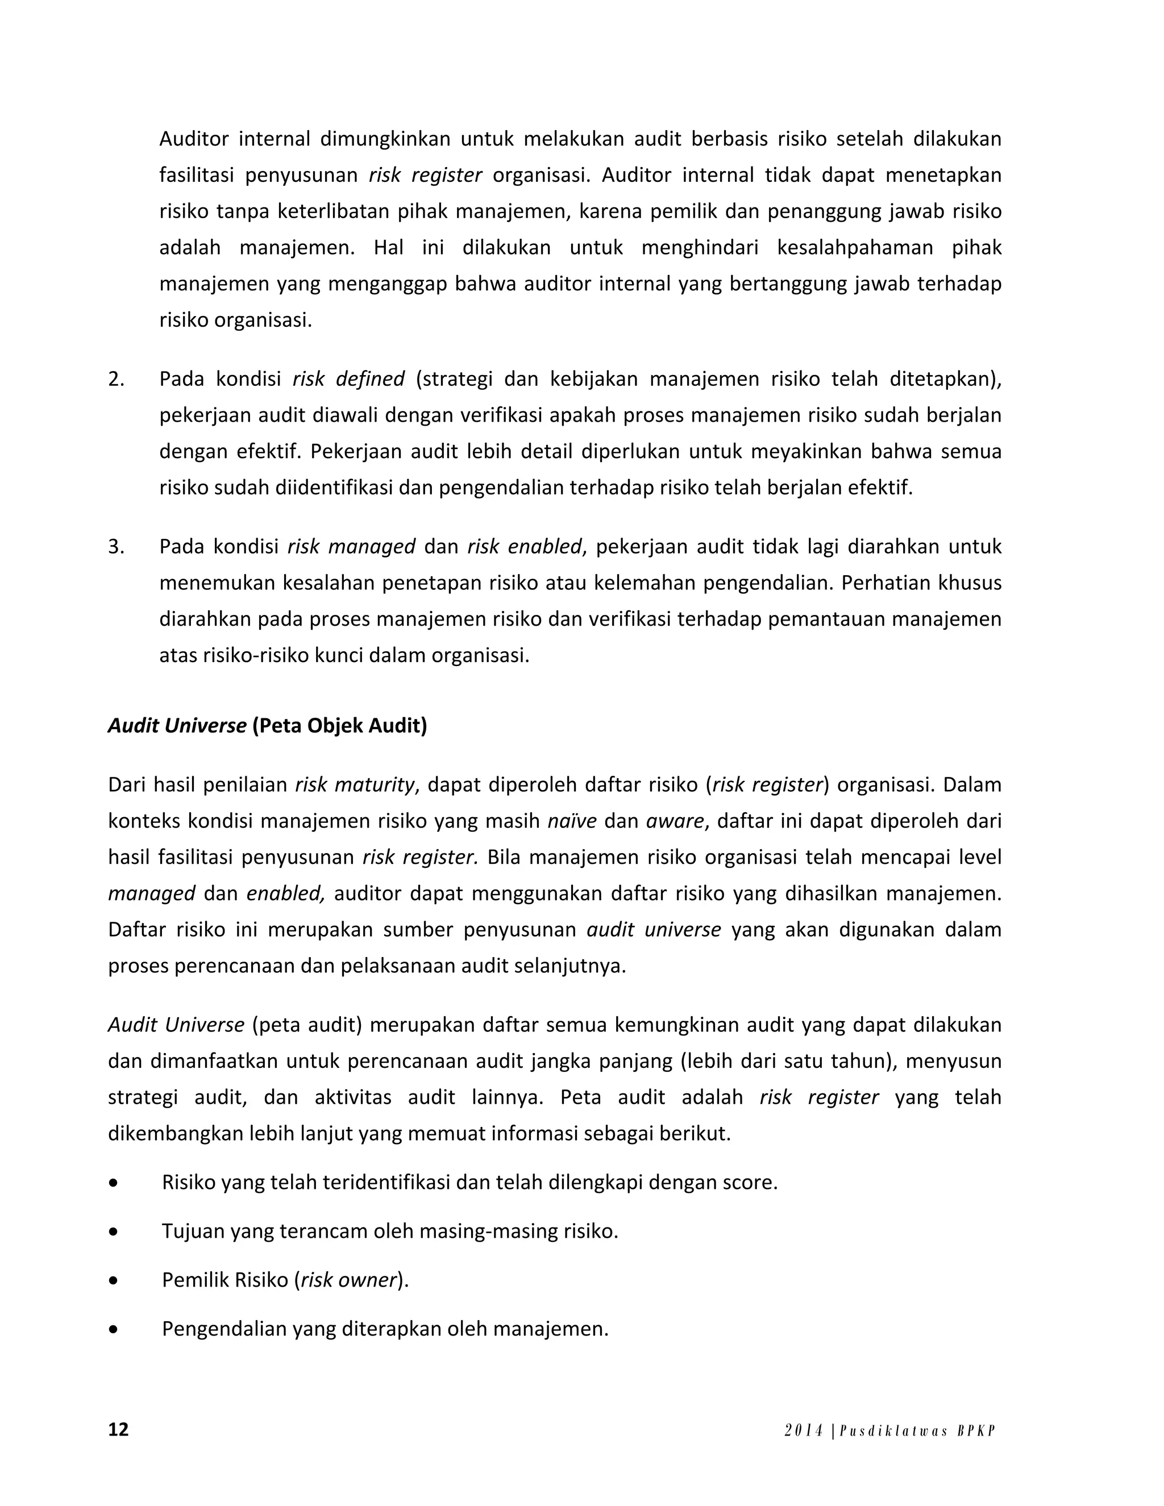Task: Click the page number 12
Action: pyautogui.click(x=119, y=1429)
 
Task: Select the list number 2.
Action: pyautogui.click(x=116, y=379)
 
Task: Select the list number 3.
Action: pyautogui.click(x=116, y=547)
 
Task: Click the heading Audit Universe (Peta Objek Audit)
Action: pyautogui.click(x=268, y=725)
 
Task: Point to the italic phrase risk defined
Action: pyautogui.click(x=348, y=379)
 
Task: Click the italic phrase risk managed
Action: pyautogui.click(x=351, y=547)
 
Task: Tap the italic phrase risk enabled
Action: pyautogui.click(x=524, y=547)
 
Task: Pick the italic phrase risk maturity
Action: pyautogui.click(x=355, y=785)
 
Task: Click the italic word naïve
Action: pyautogui.click(x=572, y=821)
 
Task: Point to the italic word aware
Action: pyautogui.click(x=675, y=821)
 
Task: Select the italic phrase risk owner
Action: pyautogui.click(x=349, y=1280)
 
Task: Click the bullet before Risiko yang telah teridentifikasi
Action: pyautogui.click(x=113, y=1183)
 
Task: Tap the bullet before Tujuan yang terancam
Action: pyautogui.click(x=113, y=1232)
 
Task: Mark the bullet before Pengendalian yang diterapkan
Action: pyautogui.click(x=113, y=1329)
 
